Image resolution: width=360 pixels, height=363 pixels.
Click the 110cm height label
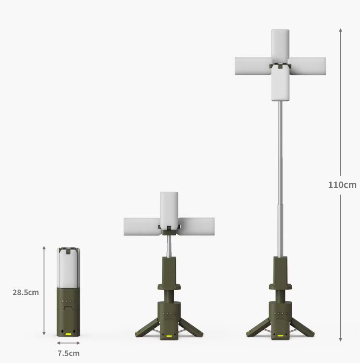[x=342, y=185]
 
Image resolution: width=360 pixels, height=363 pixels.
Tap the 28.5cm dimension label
[x=25, y=292]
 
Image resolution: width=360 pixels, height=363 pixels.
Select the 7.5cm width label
[x=68, y=353]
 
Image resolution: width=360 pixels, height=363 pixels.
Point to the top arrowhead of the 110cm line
[x=341, y=30]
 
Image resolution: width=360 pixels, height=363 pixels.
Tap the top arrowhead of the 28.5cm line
[x=44, y=248]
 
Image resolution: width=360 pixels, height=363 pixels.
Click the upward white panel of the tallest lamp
[x=280, y=45]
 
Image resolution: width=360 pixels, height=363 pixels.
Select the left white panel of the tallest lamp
[x=253, y=66]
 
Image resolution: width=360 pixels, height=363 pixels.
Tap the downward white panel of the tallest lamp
[x=280, y=86]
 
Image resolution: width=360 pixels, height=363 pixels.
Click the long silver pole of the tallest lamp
[x=280, y=177]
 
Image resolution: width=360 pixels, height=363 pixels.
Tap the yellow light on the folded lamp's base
[x=68, y=334]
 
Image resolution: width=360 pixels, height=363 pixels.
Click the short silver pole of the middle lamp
[x=169, y=247]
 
